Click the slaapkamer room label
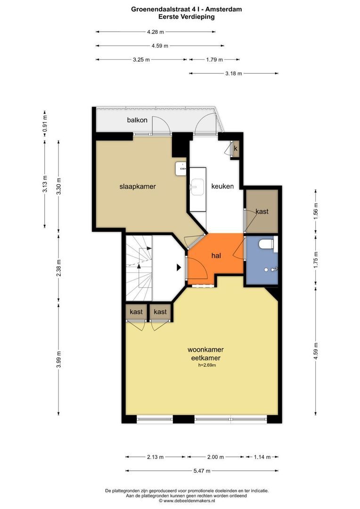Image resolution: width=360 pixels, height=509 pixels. (x=138, y=187)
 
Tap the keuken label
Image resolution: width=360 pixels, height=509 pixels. (x=222, y=186)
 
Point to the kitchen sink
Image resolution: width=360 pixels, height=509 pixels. (x=197, y=187)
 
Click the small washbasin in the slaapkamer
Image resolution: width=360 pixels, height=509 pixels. (x=181, y=169)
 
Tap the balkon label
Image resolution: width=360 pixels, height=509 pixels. (x=137, y=120)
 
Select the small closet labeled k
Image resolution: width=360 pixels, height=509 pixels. (x=236, y=148)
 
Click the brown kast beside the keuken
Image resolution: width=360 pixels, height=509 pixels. (x=262, y=211)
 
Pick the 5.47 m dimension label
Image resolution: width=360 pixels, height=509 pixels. (x=202, y=471)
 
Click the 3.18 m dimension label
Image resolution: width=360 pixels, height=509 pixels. (x=234, y=74)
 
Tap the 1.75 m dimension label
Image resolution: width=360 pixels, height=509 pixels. (x=316, y=259)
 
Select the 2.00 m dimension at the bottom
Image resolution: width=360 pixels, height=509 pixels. (x=215, y=457)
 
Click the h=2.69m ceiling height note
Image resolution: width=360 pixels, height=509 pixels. (x=207, y=365)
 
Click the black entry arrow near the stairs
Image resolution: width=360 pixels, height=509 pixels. (x=179, y=268)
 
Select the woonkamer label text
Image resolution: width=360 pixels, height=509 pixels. (x=205, y=350)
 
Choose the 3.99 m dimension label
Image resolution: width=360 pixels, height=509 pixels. (x=59, y=360)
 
